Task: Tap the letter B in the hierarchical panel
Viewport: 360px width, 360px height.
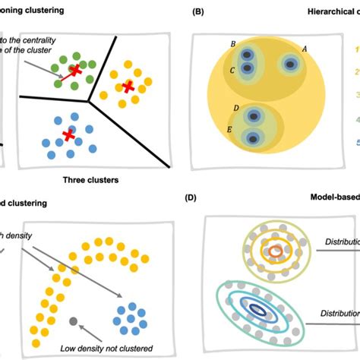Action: click(232, 44)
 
